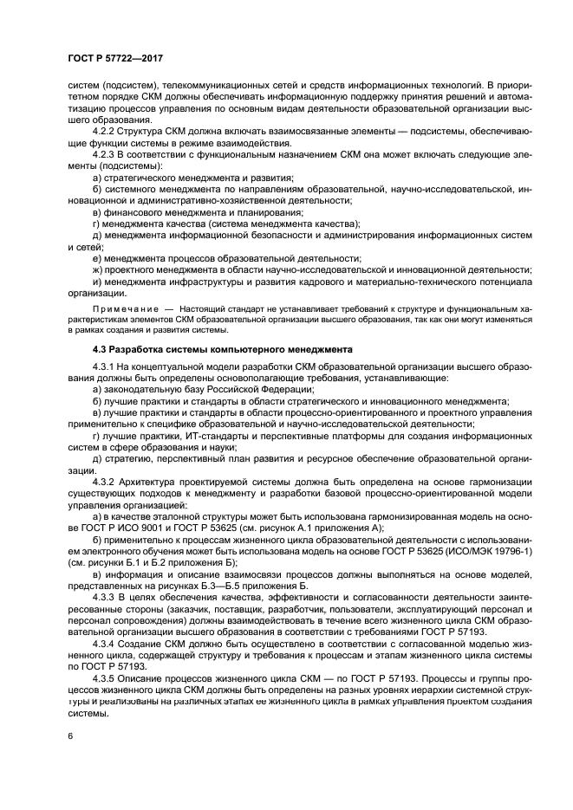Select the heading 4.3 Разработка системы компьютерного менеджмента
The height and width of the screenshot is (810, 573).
point(221,348)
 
